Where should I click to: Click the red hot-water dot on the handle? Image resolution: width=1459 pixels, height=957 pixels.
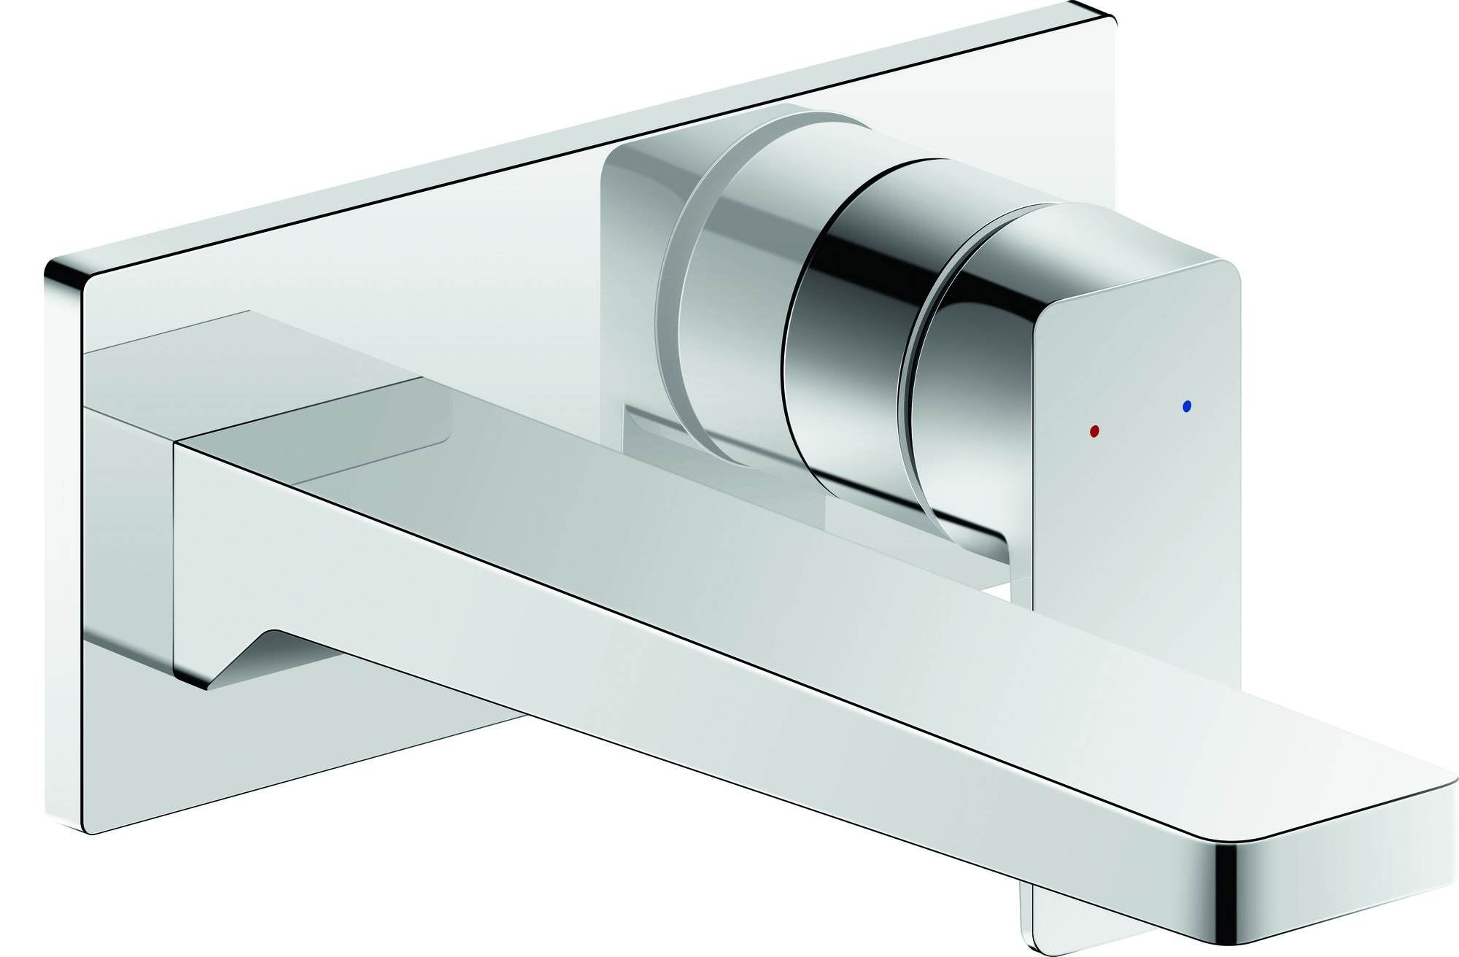point(1094,431)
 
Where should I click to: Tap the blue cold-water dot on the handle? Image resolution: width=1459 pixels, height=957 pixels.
point(1186,406)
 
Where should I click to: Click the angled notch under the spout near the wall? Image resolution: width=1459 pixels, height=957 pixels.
point(248,656)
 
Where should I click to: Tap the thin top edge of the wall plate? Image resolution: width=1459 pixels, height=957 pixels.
point(584,131)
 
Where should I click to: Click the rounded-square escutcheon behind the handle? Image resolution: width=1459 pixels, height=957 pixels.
point(635,219)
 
